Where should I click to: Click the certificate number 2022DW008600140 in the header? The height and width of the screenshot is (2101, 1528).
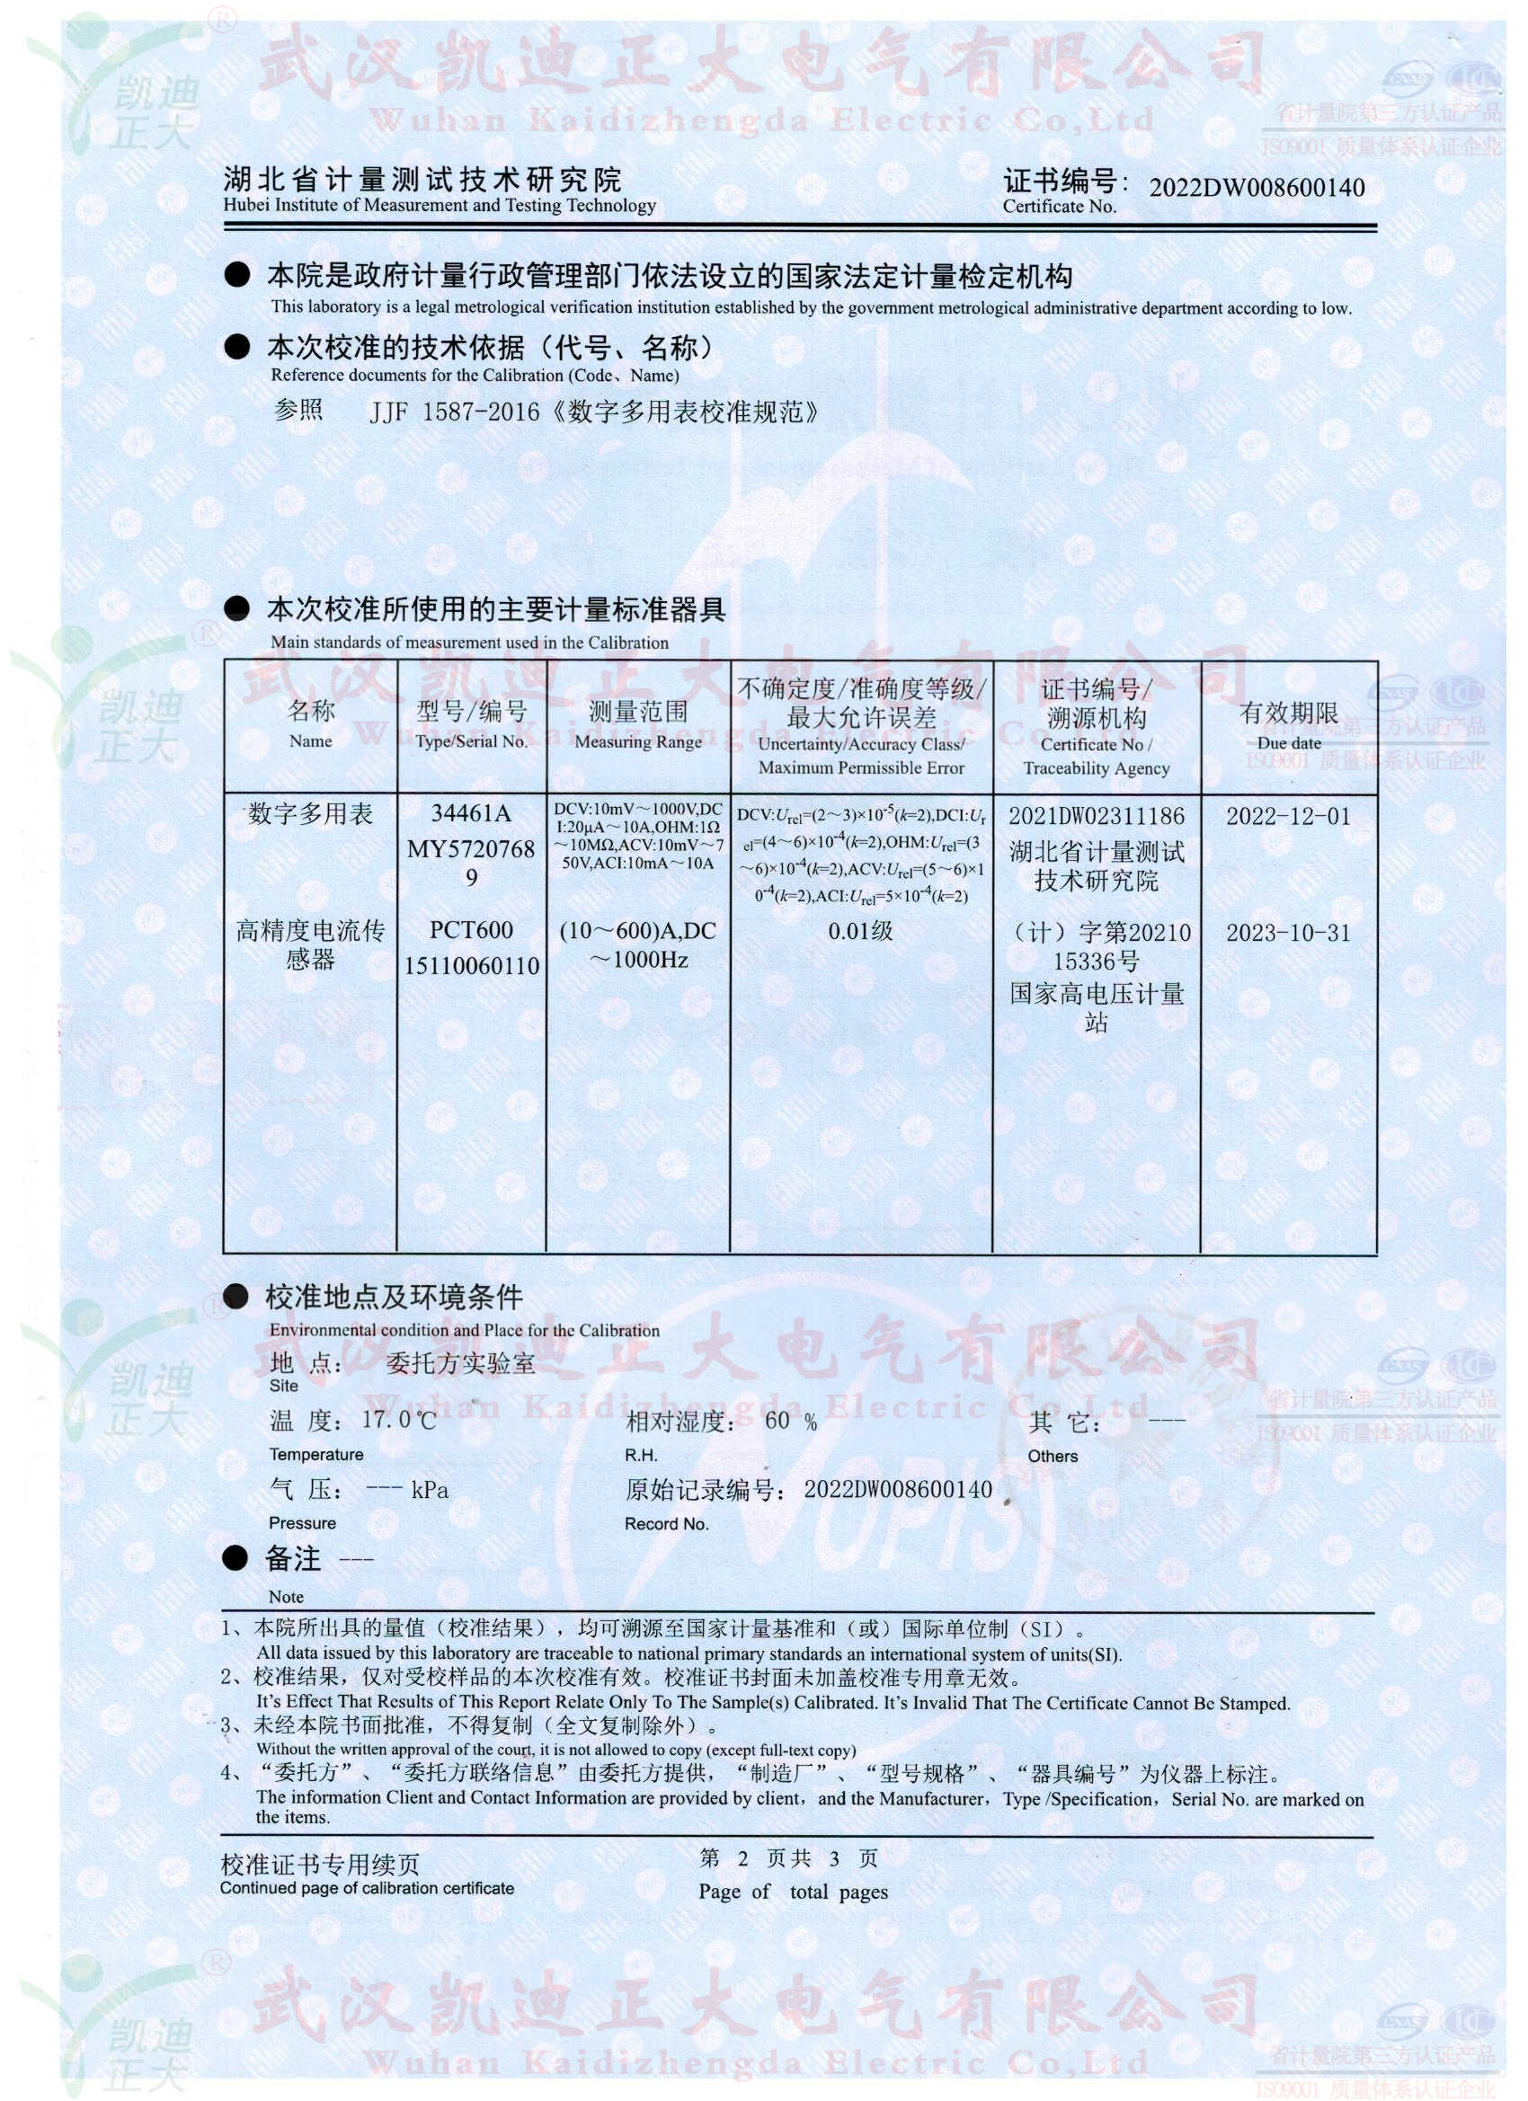click(x=1256, y=188)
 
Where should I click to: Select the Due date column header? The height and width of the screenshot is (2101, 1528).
click(x=1288, y=725)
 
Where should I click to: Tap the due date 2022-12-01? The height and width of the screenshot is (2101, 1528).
click(x=1288, y=816)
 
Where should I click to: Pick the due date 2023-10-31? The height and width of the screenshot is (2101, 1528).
click(x=1288, y=933)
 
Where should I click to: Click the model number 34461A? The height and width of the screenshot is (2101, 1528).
click(x=471, y=813)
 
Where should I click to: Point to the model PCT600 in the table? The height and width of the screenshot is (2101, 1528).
click(x=471, y=930)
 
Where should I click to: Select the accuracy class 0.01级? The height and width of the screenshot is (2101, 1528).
click(x=861, y=931)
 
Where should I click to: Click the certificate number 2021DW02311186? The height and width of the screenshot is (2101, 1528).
click(x=1097, y=816)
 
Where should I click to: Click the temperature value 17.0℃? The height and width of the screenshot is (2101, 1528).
click(x=398, y=1420)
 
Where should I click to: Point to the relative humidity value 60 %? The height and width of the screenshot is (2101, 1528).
click(x=790, y=1421)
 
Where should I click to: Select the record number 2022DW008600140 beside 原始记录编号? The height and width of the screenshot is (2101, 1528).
click(x=897, y=1490)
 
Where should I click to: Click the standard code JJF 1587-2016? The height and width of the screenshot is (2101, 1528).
click(x=454, y=412)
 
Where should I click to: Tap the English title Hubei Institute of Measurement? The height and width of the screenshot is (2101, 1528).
click(x=440, y=206)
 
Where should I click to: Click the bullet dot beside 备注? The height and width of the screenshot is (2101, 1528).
click(x=235, y=1559)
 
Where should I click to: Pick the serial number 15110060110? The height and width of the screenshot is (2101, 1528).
click(x=471, y=966)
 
